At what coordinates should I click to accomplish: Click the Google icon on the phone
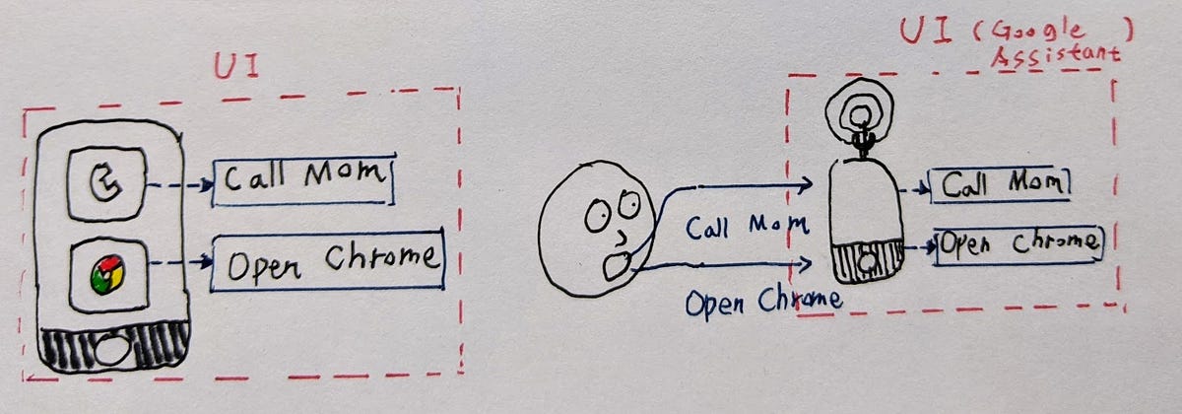(x=106, y=183)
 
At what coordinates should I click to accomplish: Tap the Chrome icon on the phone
(x=108, y=276)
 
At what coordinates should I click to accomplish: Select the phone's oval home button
(x=111, y=350)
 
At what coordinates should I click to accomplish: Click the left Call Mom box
(x=304, y=179)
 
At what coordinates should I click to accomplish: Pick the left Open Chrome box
(x=328, y=261)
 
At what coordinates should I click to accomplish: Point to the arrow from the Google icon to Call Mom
(x=180, y=185)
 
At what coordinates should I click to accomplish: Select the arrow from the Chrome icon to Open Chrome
(x=181, y=261)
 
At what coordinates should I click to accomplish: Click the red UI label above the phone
(x=237, y=67)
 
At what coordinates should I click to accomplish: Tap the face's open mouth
(x=617, y=265)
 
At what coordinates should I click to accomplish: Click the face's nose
(x=623, y=238)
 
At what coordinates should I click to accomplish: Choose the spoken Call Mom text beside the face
(x=747, y=227)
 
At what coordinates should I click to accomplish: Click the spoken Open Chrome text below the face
(x=763, y=302)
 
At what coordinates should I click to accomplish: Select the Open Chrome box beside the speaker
(x=1019, y=246)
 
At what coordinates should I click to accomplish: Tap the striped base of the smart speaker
(x=868, y=261)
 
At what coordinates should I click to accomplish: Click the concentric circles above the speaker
(x=860, y=113)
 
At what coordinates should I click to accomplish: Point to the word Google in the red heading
(x=1037, y=32)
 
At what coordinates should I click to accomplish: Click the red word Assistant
(x=1055, y=57)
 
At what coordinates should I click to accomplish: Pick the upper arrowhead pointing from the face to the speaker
(x=806, y=185)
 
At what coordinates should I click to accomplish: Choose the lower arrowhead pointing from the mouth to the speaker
(x=804, y=263)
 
